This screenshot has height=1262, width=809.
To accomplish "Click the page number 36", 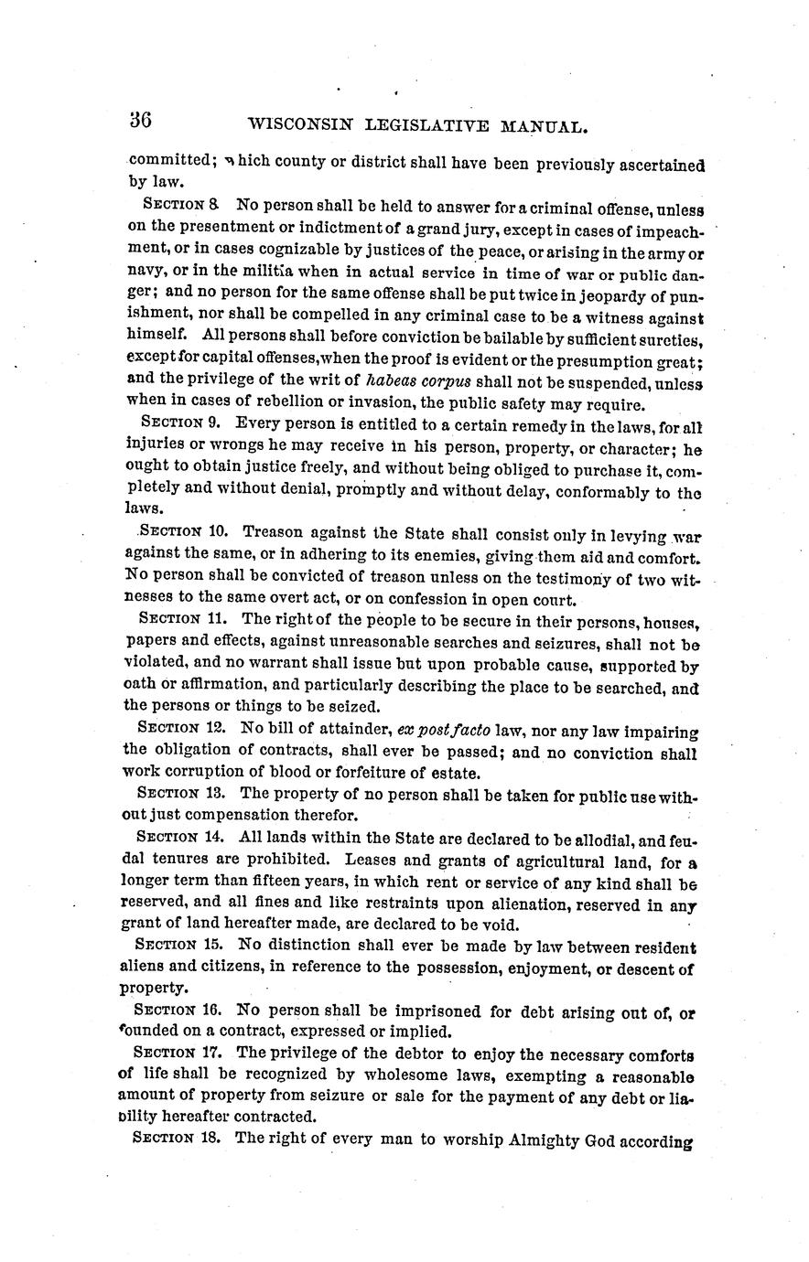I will click(140, 122).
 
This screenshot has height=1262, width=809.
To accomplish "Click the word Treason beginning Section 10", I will click(273, 531).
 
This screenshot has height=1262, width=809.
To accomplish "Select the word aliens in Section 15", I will click(144, 967).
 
